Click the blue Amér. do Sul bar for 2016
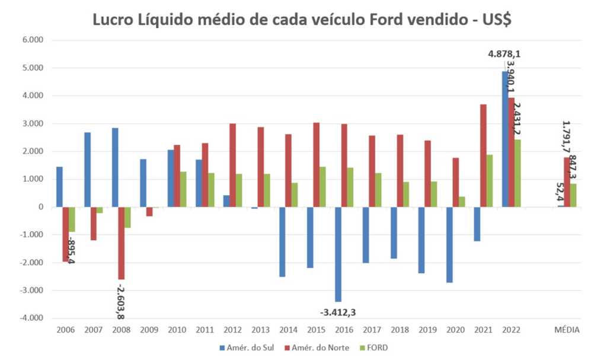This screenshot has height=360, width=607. [338, 254]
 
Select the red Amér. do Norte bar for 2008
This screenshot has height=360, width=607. [122, 243]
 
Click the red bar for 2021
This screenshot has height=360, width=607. [483, 155]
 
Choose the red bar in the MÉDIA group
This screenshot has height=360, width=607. [566, 182]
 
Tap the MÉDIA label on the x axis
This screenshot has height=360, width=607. [567, 330]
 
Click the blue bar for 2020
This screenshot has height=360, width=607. [449, 244]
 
